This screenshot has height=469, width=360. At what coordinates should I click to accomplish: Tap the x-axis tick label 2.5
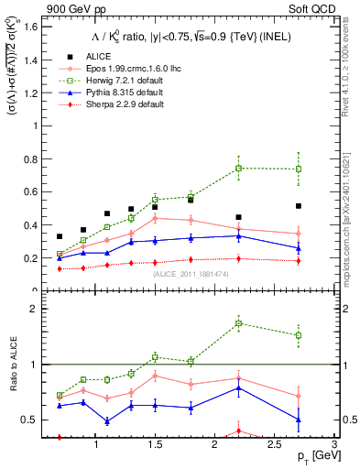pyautogui.click(x=274, y=444)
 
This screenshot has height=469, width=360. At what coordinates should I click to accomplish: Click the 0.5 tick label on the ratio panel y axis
pyautogui.click(x=32, y=420)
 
